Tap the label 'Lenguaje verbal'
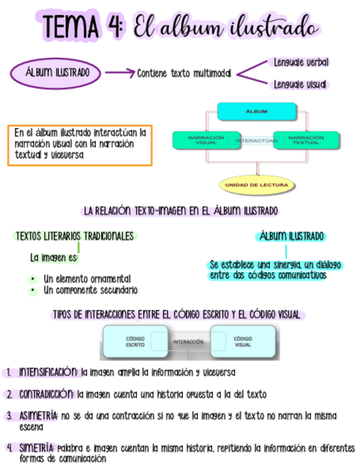(x=301, y=63)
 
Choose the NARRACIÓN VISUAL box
(x=205, y=140)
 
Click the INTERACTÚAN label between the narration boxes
(x=256, y=141)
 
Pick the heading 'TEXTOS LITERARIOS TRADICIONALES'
(x=75, y=236)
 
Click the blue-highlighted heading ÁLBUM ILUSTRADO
(x=291, y=237)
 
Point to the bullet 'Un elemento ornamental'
(x=87, y=279)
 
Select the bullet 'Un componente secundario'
(x=90, y=290)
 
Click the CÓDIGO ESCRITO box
(x=135, y=342)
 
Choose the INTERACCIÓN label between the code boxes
(x=188, y=342)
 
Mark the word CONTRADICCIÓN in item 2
(x=46, y=394)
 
